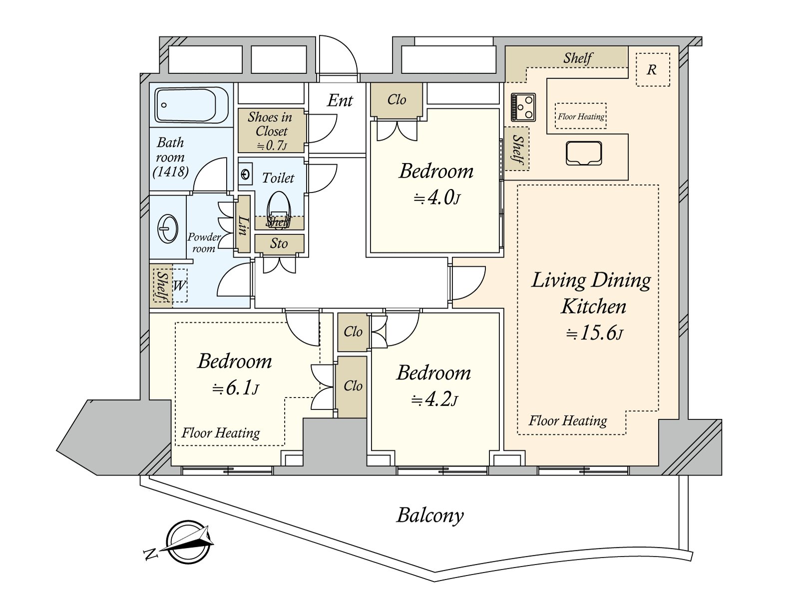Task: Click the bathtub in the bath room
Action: (x=185, y=105)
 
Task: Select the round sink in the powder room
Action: (x=167, y=228)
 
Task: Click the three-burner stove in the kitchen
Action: (x=523, y=107)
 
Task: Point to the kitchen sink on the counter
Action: (x=584, y=153)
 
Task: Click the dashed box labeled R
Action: (x=652, y=69)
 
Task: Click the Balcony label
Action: (x=430, y=515)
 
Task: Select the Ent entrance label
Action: (x=340, y=100)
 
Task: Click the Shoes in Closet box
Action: (x=271, y=130)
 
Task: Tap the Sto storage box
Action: (x=279, y=243)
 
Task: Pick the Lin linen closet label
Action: (x=243, y=225)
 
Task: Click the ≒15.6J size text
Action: (x=594, y=333)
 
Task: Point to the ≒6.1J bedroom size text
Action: (x=235, y=388)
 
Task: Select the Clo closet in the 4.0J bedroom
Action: (x=397, y=100)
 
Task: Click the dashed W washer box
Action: (x=179, y=285)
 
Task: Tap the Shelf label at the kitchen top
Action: (x=578, y=58)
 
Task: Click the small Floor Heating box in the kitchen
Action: (x=581, y=116)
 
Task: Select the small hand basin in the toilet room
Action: (x=245, y=174)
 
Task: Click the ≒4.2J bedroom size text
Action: (x=434, y=399)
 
